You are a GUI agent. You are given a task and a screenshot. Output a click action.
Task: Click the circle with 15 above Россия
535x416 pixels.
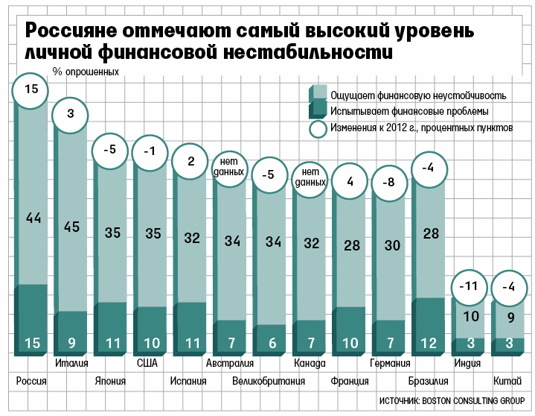(31, 89)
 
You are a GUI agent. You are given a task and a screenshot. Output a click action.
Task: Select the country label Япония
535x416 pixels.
(109, 380)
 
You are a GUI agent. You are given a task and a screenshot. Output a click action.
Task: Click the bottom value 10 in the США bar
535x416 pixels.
(151, 343)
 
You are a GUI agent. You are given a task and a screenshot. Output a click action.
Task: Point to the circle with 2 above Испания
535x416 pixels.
(190, 161)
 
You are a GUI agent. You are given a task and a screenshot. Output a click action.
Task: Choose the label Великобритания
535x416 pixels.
(269, 380)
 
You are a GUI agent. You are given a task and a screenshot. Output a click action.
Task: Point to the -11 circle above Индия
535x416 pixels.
(470, 286)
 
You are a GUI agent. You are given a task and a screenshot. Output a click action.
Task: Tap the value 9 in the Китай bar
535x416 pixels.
(510, 317)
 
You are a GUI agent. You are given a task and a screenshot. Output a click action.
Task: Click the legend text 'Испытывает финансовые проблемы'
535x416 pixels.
(409, 111)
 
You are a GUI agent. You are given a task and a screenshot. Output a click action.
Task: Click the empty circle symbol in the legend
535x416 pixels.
(318, 129)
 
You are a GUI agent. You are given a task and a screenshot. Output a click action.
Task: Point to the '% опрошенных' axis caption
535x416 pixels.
(86, 72)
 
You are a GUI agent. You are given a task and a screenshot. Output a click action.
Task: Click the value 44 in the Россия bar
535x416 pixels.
(33, 218)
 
